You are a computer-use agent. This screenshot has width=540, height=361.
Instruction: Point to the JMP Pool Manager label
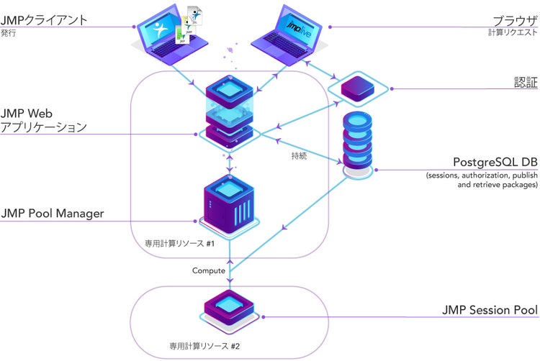(53, 213)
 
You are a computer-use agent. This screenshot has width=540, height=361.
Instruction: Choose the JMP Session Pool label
(490, 311)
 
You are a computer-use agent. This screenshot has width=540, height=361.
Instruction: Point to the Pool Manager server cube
(229, 204)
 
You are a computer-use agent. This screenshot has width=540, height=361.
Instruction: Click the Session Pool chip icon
(230, 307)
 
